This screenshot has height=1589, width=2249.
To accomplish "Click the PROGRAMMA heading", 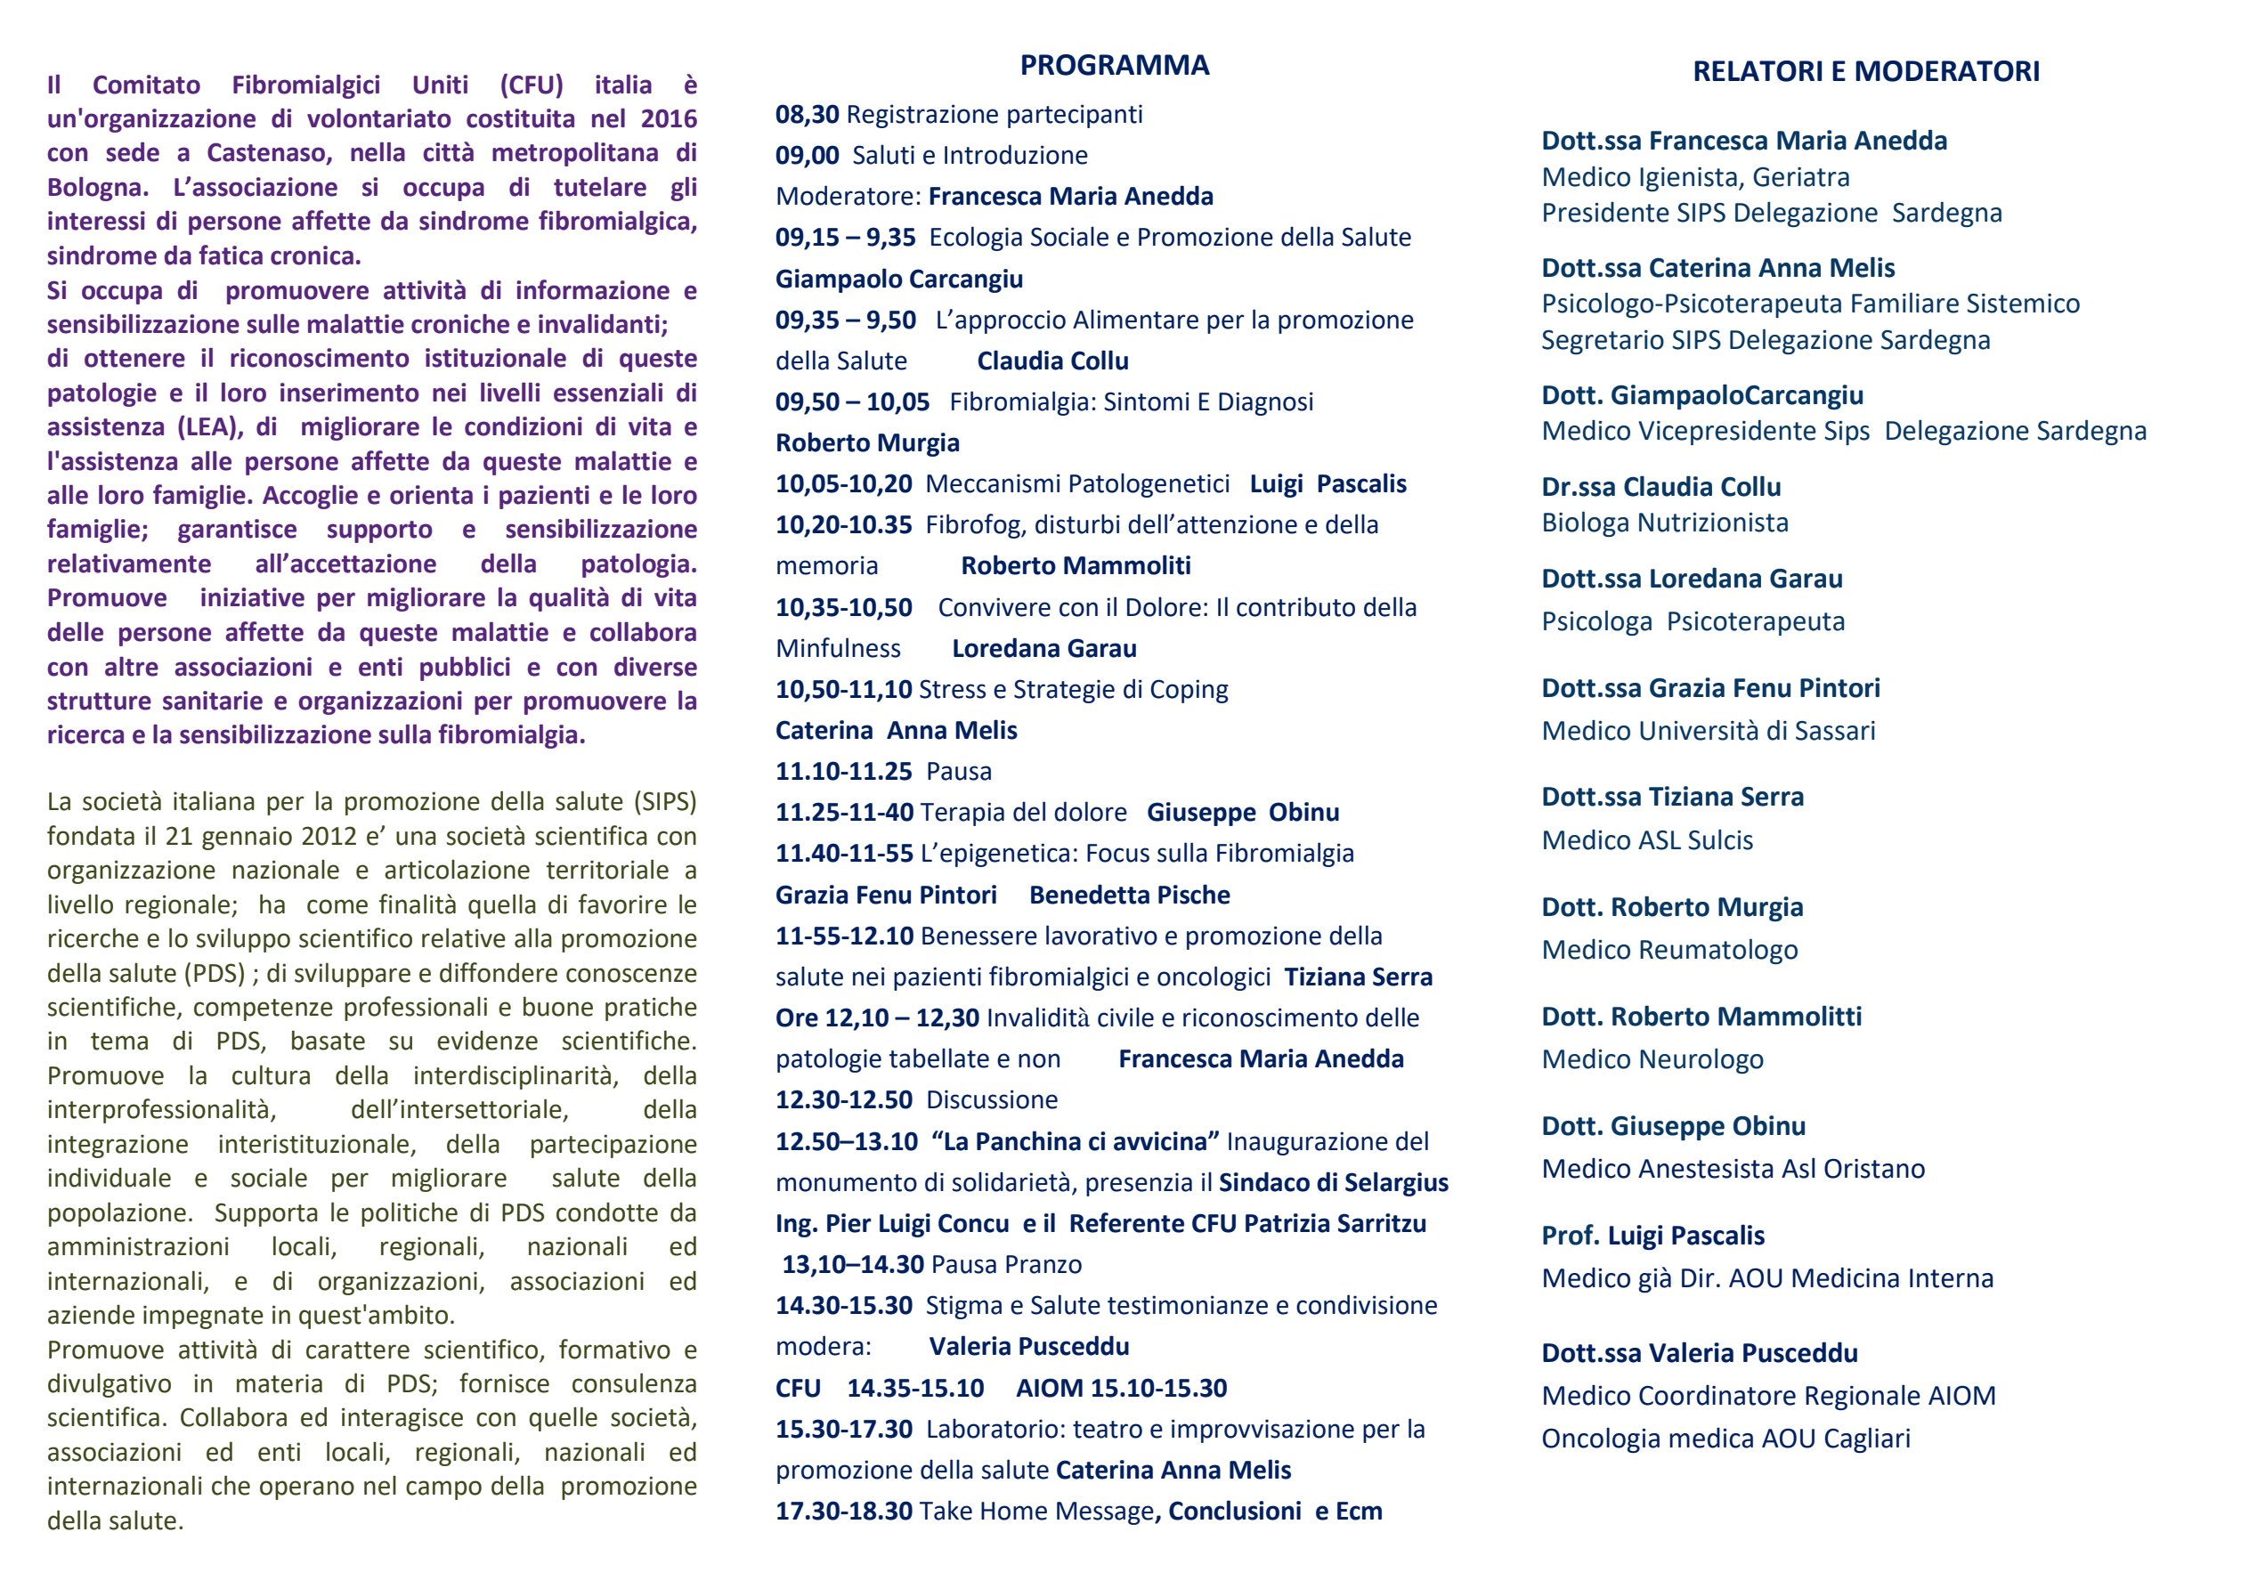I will point(1114,66).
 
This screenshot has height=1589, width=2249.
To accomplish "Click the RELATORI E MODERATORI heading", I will point(1866,71).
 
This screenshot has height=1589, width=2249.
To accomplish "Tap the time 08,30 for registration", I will point(808,115).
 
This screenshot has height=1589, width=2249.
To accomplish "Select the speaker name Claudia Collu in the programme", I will point(1052,361).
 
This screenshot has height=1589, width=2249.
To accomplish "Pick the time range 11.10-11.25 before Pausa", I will point(843,771).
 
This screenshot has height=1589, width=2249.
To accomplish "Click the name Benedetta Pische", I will point(1130,895).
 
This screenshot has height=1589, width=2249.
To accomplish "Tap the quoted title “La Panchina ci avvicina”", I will point(1076,1141).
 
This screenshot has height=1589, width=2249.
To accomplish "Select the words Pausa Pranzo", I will point(1006,1265).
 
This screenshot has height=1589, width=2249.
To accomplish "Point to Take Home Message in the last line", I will point(1036,1512).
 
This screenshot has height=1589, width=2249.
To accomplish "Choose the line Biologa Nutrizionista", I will point(1664,523).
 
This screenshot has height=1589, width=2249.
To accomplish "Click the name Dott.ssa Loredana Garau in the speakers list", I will point(1692,579).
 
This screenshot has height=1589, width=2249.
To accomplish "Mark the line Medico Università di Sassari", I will point(1709,731).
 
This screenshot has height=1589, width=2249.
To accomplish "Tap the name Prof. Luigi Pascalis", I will point(1652,1236).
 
